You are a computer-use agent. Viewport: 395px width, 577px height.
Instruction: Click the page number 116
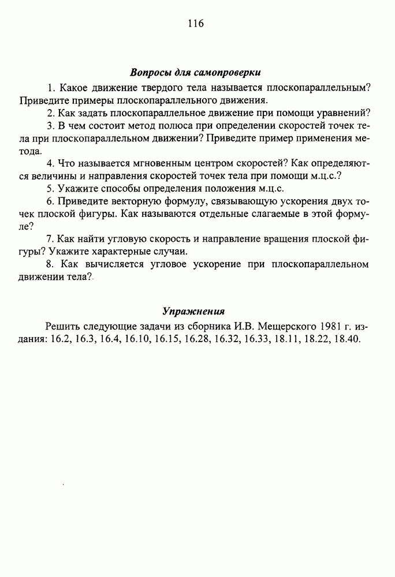tap(196, 24)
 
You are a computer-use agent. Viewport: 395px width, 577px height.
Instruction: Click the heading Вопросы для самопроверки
tap(195, 73)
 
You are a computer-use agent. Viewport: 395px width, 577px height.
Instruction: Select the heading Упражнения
tap(193, 311)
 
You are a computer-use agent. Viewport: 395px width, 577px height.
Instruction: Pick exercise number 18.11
tap(288, 339)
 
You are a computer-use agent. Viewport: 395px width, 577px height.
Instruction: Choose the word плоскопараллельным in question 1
tap(318, 87)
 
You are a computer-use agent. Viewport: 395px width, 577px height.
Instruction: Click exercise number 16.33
tap(258, 339)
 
